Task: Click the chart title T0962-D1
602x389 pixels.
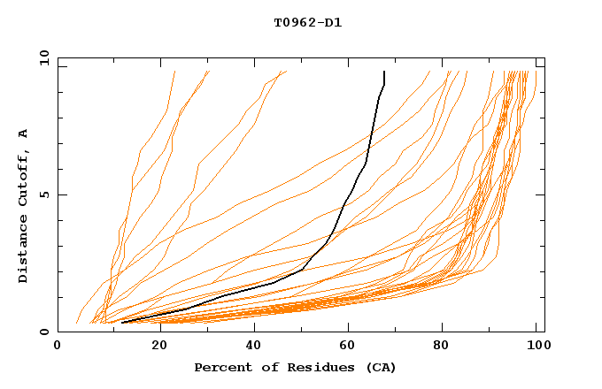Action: pyautogui.click(x=307, y=23)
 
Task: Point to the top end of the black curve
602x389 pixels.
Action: pyautogui.click(x=384, y=72)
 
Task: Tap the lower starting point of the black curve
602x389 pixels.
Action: pyautogui.click(x=122, y=323)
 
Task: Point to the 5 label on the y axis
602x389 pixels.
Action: pyautogui.click(x=43, y=194)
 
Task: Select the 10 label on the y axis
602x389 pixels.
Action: pyautogui.click(x=41, y=57)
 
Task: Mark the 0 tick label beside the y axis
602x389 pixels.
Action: pyautogui.click(x=43, y=332)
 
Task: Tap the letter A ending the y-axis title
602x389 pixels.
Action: pyautogui.click(x=24, y=133)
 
